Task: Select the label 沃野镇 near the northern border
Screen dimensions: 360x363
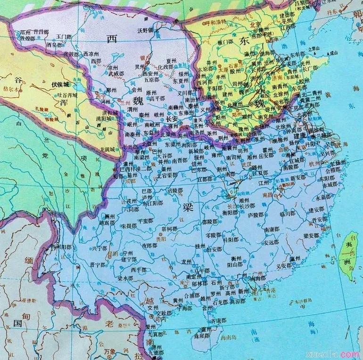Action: point(146,30)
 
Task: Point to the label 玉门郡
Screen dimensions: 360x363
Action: point(63,36)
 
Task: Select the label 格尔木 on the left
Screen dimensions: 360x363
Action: point(10,88)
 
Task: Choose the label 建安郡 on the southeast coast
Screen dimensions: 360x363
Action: point(316,209)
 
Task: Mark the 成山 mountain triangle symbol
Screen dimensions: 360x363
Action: point(321,53)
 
